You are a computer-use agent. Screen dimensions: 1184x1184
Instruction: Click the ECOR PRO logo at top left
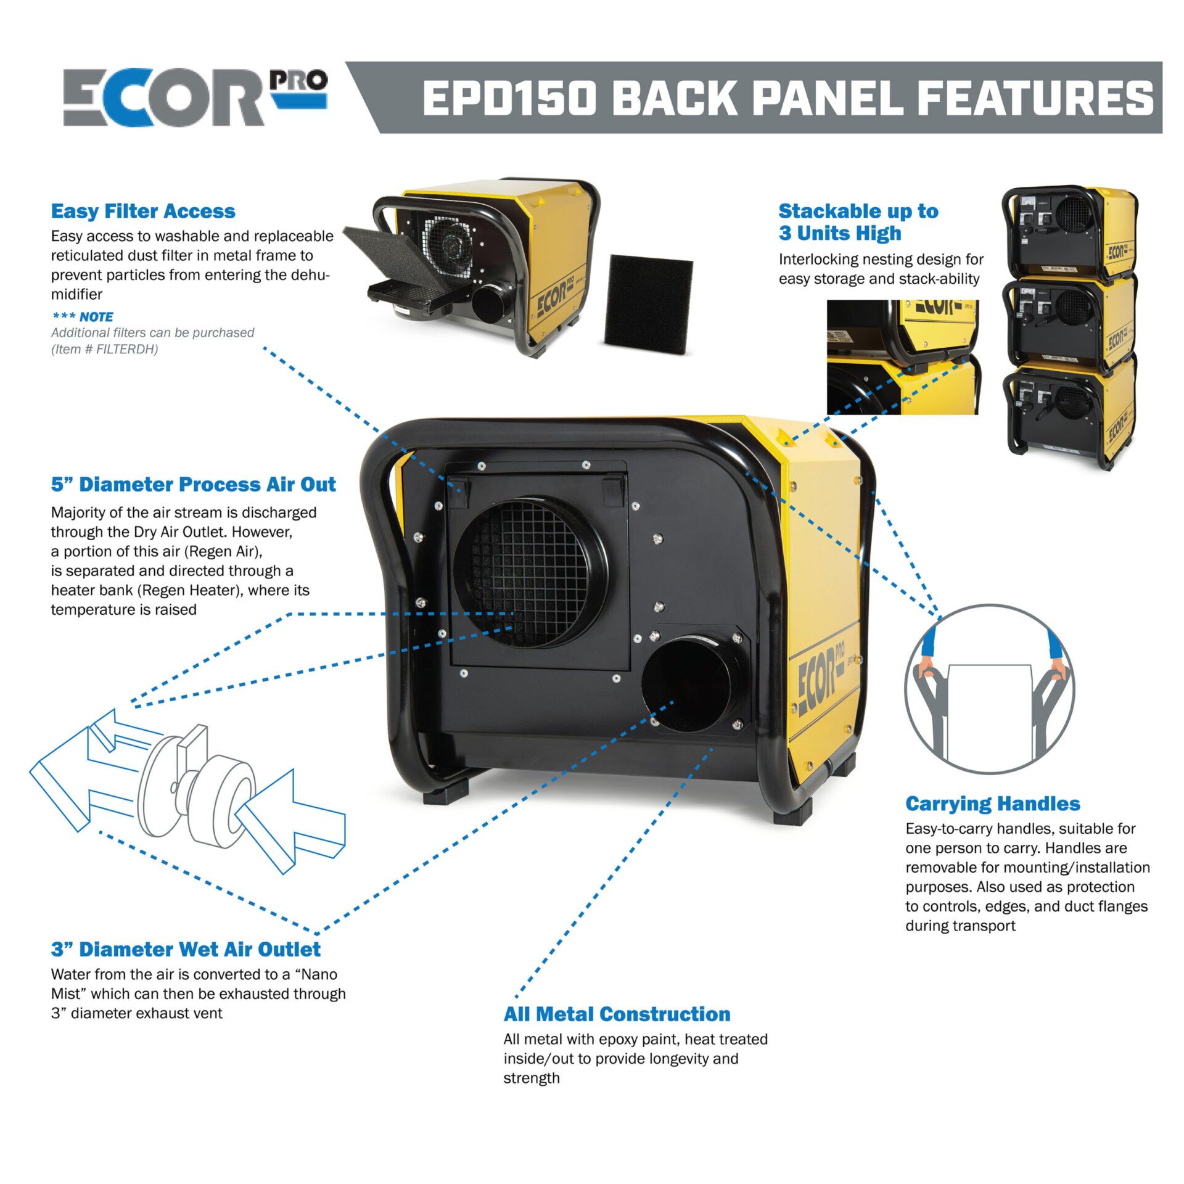click(x=195, y=97)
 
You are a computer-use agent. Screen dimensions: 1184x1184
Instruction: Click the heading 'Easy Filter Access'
click(x=143, y=212)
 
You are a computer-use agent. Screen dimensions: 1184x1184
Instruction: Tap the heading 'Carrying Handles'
click(x=993, y=804)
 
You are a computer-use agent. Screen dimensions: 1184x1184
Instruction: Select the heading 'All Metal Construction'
click(x=617, y=1014)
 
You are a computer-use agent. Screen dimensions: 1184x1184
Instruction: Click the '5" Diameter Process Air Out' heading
click(x=194, y=484)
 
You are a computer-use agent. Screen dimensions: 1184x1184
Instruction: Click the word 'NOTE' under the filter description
click(x=96, y=317)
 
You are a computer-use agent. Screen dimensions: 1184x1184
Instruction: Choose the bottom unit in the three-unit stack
click(x=1071, y=413)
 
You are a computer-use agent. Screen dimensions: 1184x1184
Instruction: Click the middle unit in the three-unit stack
click(x=1071, y=321)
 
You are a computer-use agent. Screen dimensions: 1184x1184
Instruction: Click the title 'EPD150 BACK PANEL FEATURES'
click(x=787, y=98)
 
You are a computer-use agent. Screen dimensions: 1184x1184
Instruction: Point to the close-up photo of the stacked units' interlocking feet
click(x=903, y=357)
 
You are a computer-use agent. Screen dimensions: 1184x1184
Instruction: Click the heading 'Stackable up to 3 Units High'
click(x=858, y=222)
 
